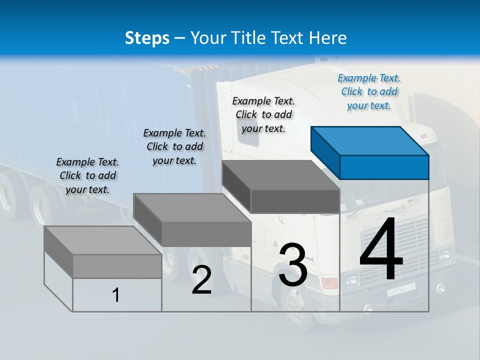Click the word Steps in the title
click(147, 38)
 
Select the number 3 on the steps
click(292, 265)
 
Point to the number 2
click(201, 280)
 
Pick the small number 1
click(116, 295)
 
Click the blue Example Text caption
click(369, 91)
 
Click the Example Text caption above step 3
click(263, 114)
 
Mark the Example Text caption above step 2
click(174, 146)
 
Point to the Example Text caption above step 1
click(87, 175)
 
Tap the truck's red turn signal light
click(329, 283)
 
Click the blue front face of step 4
click(384, 167)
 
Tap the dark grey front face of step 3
click(295, 201)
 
